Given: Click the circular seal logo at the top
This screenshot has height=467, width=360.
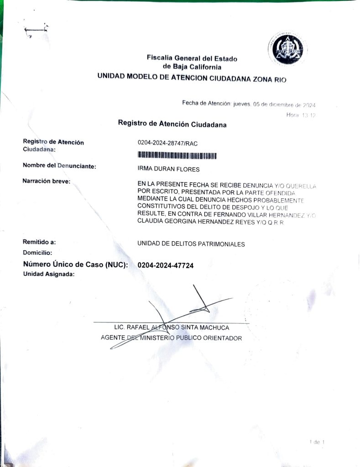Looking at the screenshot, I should (x=287, y=49).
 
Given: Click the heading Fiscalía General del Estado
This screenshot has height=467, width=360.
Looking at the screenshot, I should (x=192, y=58).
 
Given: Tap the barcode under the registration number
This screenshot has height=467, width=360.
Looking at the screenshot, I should (x=177, y=156).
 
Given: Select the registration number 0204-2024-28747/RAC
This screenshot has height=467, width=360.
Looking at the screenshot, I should (x=167, y=143).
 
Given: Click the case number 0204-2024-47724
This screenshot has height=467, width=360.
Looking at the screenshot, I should (x=166, y=265).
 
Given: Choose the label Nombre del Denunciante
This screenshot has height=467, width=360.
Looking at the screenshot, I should (x=59, y=166).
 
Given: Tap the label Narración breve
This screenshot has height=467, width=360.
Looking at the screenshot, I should (x=46, y=181).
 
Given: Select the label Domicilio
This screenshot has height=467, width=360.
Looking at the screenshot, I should (x=37, y=252).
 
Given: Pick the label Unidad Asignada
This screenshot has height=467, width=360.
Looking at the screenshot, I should (x=48, y=274).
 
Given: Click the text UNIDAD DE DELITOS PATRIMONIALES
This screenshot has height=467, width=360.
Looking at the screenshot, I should (x=191, y=244).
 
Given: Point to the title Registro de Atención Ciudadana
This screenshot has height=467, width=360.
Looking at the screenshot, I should (x=172, y=124).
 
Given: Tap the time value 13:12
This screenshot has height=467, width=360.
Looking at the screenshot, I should (x=309, y=115).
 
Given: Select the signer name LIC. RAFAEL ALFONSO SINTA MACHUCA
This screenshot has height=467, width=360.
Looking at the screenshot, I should (x=172, y=327).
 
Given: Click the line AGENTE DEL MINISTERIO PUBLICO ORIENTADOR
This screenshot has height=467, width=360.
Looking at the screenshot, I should (x=171, y=338).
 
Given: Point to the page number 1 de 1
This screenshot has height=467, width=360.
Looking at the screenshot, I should (x=317, y=442).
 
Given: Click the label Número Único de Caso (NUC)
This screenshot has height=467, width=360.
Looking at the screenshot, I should (x=75, y=265).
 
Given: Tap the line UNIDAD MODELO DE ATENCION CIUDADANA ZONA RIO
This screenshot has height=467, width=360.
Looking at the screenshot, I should (x=192, y=78).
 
